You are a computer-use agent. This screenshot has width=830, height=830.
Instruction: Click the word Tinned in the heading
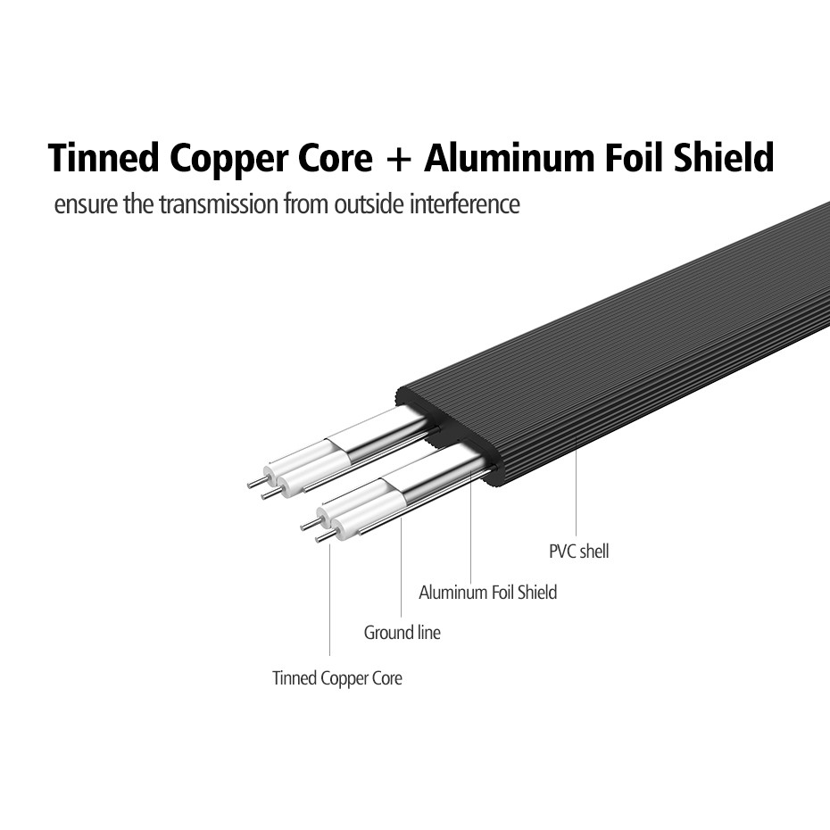click(104, 157)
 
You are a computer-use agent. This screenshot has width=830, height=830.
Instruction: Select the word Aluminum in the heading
click(510, 157)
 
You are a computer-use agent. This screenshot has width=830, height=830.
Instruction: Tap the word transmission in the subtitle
click(218, 204)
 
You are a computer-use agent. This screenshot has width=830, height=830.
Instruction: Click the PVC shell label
click(578, 551)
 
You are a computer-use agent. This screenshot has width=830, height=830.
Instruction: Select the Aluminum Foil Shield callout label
click(487, 592)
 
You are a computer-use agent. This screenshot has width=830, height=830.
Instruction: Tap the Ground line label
click(402, 633)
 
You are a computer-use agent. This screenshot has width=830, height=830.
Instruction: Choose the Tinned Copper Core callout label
click(337, 678)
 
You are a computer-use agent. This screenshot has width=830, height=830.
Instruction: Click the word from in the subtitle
click(306, 204)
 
